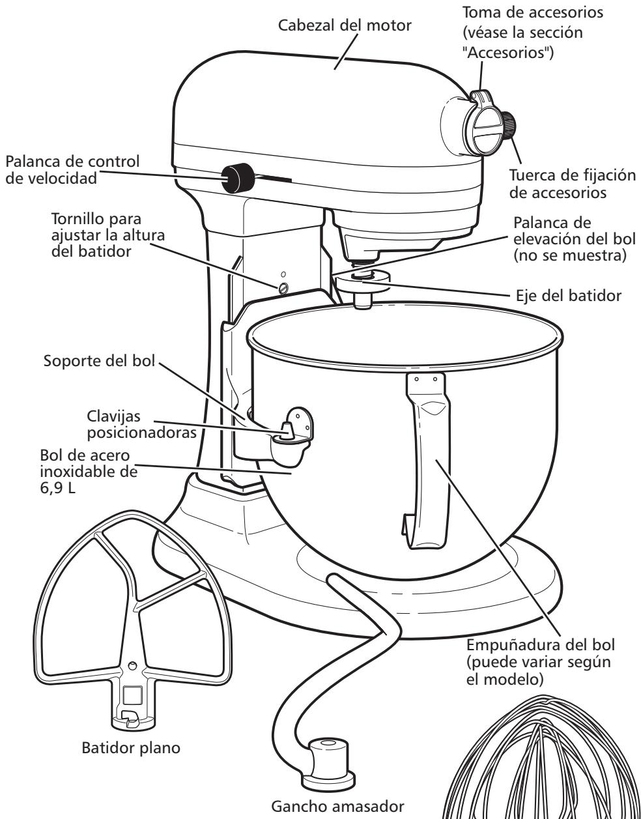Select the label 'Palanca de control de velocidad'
(x=72, y=170)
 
